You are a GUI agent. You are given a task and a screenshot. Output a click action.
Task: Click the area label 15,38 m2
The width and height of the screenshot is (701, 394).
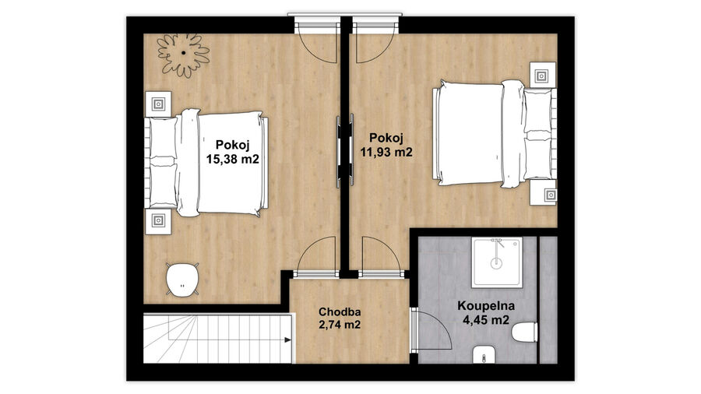point(232,160)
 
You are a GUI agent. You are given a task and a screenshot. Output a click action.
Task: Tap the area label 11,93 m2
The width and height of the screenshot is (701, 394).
point(386,152)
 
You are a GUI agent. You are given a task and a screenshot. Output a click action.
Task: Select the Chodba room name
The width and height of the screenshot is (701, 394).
point(340,311)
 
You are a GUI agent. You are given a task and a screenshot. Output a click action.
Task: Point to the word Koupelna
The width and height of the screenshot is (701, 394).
point(486,306)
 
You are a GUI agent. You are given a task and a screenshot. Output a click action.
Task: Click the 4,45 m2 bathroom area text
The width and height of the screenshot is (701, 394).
point(486,320)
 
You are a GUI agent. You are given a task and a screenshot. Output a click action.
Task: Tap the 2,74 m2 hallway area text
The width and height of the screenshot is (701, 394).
point(340,325)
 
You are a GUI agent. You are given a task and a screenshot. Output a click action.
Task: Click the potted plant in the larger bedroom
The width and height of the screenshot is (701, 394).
point(183,55)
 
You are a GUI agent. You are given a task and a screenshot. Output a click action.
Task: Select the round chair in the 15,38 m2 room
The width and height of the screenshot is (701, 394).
point(182,279)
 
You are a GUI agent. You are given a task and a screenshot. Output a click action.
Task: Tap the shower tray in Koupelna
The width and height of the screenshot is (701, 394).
point(497,262)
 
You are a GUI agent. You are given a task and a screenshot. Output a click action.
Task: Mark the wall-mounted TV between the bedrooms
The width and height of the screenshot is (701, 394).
point(345,151)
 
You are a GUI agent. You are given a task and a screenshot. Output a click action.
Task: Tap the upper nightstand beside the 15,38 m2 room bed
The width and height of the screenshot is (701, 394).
point(158,104)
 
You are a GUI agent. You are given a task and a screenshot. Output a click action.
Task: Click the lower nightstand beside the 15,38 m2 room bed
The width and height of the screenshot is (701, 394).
point(158,220)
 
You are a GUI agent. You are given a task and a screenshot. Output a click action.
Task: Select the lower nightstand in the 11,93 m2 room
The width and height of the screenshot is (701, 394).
point(543,193)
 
